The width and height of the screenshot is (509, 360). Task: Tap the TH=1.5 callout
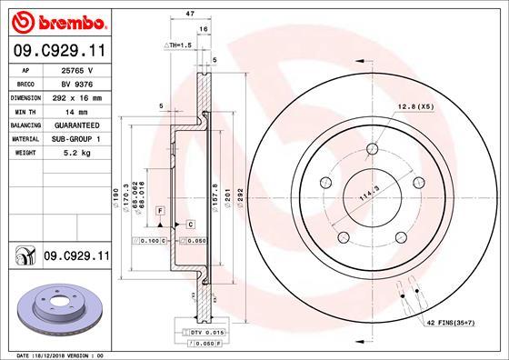[x=177, y=45]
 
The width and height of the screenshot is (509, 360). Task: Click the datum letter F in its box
[x=159, y=211]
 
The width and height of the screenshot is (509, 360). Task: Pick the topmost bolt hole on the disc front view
[x=373, y=151]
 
